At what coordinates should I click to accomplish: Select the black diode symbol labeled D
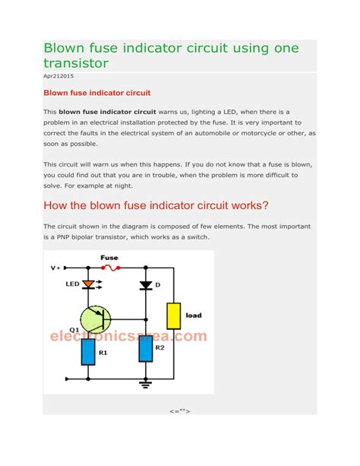[x=145, y=284]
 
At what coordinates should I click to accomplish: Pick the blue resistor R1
[x=88, y=352]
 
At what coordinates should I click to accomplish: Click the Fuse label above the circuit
[x=109, y=258]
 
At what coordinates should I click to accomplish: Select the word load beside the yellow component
[x=194, y=315]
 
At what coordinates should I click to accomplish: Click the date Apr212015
[x=58, y=77]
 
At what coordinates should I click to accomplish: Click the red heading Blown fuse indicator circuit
[x=96, y=93]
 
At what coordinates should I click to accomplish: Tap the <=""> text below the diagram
[x=180, y=411]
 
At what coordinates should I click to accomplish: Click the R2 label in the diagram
[x=160, y=347]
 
